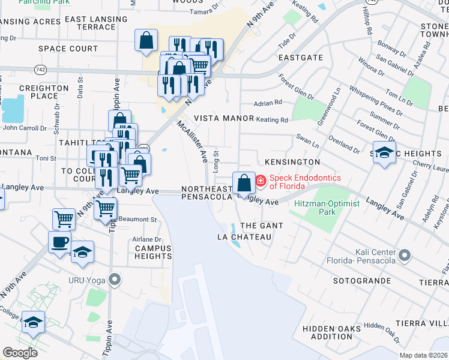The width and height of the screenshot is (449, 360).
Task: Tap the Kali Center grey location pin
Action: (x=405, y=256)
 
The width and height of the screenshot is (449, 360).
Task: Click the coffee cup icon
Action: (x=60, y=241)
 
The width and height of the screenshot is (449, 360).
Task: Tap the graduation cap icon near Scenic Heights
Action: (x=384, y=152)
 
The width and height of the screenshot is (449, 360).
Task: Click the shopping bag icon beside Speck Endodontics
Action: (x=244, y=182)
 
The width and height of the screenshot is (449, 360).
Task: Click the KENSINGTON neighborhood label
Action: (x=292, y=163)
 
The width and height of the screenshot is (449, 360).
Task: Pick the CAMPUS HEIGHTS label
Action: (x=153, y=252)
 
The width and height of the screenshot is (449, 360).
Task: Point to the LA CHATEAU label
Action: (x=244, y=237)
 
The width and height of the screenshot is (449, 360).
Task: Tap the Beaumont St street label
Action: (x=136, y=218)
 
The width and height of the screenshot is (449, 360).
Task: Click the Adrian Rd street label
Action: (x=268, y=103)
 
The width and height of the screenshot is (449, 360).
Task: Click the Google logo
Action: (x=20, y=352)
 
